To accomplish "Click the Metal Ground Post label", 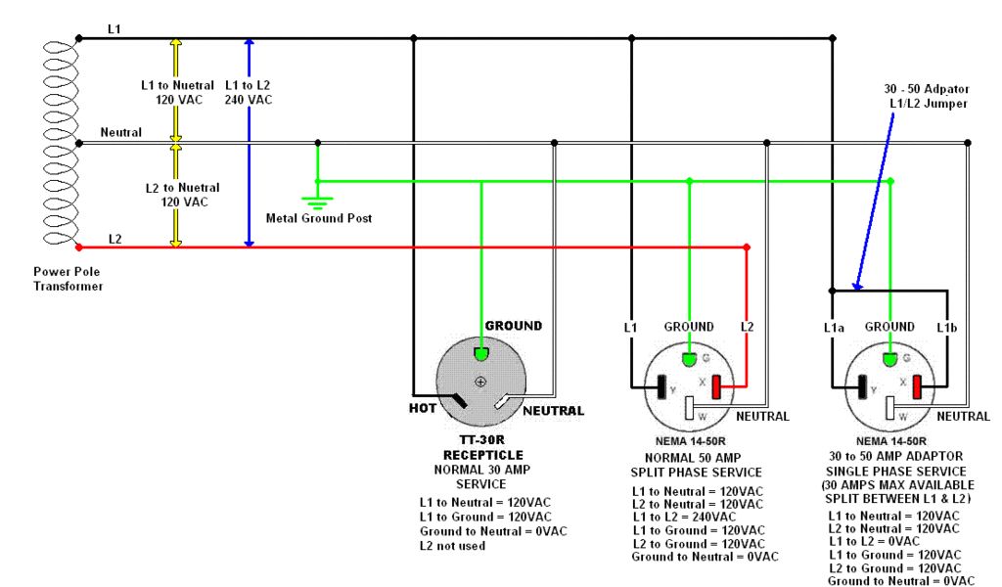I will coord(319,218).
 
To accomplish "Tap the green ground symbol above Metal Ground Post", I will coord(317,203).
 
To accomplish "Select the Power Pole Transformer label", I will coord(68,279).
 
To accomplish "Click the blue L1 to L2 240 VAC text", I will coord(249,92).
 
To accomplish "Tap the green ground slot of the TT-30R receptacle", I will coord(480,352).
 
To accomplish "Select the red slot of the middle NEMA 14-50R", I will coord(717,387).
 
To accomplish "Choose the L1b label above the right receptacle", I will coord(948,327).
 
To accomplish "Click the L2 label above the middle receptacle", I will coord(747,327).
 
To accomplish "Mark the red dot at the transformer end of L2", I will coord(79,247).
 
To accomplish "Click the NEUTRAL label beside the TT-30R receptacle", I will coord(554,411).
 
